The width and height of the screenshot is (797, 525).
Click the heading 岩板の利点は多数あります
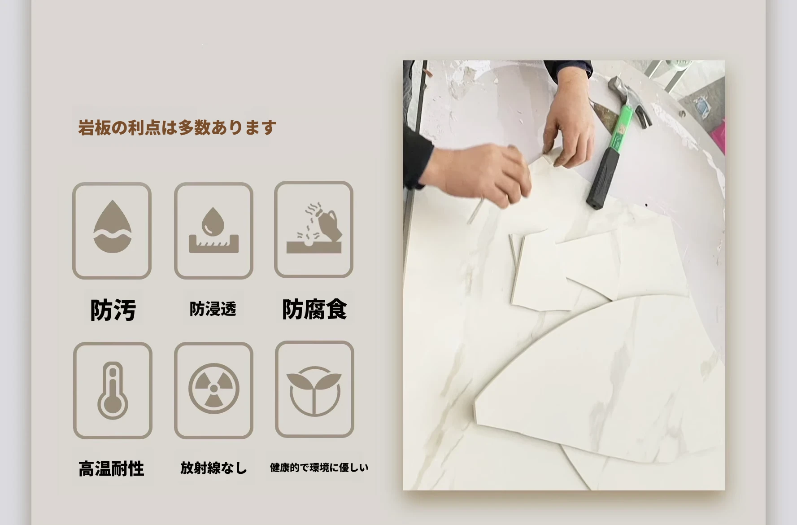177,127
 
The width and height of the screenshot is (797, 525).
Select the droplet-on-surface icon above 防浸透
213,231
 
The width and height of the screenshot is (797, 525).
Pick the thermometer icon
113,390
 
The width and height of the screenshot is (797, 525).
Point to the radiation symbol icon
214,389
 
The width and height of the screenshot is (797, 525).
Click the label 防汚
113,310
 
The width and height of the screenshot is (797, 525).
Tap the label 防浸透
213,309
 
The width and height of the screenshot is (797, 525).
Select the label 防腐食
314,309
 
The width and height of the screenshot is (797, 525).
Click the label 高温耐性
111,468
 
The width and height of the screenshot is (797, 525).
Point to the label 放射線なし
213,468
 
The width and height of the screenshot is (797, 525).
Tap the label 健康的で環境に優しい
319,468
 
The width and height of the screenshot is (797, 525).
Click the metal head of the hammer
629,99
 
